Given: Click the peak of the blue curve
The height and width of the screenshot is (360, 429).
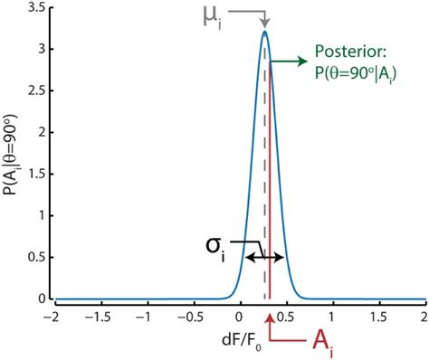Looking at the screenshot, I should pos(264,33).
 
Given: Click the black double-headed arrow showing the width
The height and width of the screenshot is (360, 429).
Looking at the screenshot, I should pos(265,258).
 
